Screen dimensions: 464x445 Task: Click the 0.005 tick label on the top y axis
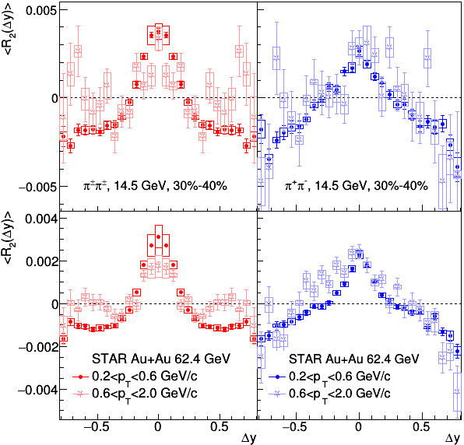40,11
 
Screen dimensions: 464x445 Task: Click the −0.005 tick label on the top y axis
37,187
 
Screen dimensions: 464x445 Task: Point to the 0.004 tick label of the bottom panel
40,219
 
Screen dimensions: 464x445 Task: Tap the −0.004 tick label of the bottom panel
37,391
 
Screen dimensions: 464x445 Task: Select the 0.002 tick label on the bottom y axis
40,261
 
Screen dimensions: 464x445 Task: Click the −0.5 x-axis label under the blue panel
294,426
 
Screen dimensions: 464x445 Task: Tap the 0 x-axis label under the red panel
158,426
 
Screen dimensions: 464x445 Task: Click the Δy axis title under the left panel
248,438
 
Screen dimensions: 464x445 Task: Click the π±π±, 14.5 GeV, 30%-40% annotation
155,185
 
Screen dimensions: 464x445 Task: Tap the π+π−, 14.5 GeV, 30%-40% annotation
357,185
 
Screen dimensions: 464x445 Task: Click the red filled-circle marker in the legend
80,377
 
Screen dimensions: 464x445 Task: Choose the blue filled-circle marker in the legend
277,377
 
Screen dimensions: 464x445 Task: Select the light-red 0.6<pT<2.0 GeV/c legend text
144,394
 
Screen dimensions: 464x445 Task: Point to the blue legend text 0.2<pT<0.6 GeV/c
339,377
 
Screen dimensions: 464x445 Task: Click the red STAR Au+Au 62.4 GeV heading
160,359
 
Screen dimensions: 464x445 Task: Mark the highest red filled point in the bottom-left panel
159,237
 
